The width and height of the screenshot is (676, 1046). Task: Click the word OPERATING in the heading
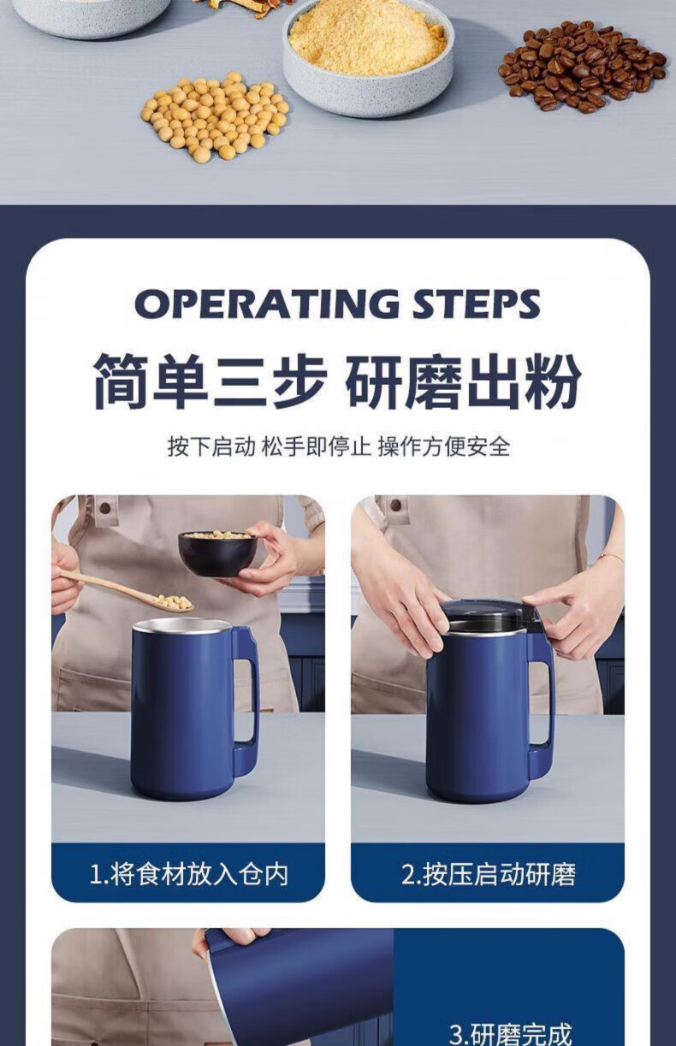267,304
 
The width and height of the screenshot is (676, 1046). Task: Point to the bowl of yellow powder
369,56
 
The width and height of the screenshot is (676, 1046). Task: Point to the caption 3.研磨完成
510,1033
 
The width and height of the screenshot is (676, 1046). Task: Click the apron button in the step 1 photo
105,507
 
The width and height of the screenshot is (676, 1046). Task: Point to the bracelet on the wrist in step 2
611,556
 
